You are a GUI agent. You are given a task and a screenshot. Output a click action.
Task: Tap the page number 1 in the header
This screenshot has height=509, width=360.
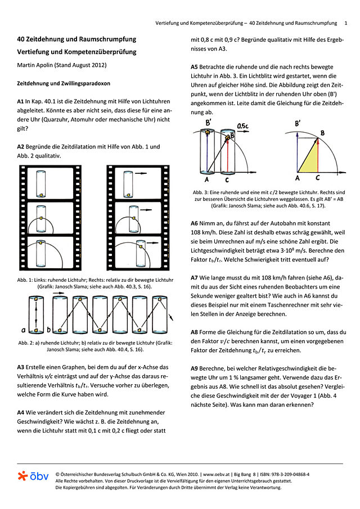[345, 23]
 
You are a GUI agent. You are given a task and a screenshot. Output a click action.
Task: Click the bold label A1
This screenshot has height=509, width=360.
[22, 101]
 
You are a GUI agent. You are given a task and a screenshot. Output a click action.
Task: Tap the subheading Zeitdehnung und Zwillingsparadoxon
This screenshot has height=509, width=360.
[64, 83]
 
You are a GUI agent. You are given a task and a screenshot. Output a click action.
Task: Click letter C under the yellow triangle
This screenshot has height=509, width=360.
[318, 178]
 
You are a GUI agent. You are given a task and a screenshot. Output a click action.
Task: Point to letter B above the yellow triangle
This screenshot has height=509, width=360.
[321, 132]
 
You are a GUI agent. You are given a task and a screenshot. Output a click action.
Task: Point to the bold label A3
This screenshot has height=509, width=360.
[22, 367]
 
